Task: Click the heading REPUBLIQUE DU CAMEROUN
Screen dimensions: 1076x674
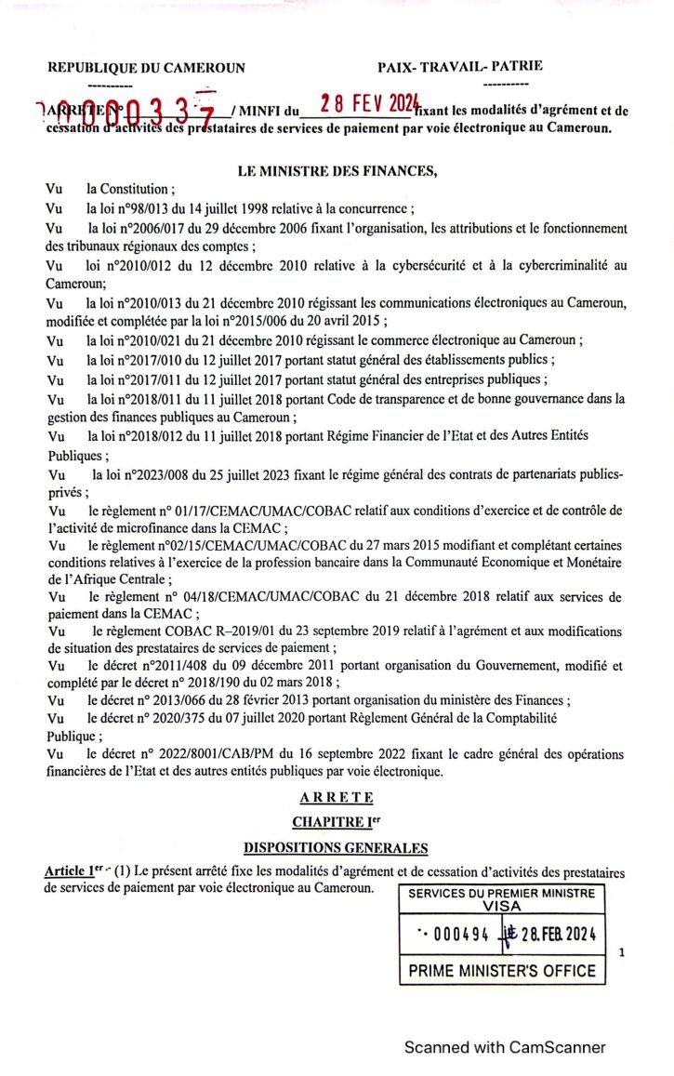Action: click(146, 68)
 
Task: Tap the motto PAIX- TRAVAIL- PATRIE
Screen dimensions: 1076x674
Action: click(460, 66)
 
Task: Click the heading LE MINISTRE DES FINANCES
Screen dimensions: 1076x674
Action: click(336, 169)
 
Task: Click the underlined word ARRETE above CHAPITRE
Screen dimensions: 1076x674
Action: click(337, 798)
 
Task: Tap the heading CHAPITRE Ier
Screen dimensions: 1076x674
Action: click(336, 822)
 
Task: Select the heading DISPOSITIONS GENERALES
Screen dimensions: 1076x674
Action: click(336, 847)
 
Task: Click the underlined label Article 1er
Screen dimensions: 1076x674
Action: click(73, 871)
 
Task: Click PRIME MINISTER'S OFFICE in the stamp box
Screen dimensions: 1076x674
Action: click(502, 971)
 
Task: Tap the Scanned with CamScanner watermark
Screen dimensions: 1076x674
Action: click(504, 1047)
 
